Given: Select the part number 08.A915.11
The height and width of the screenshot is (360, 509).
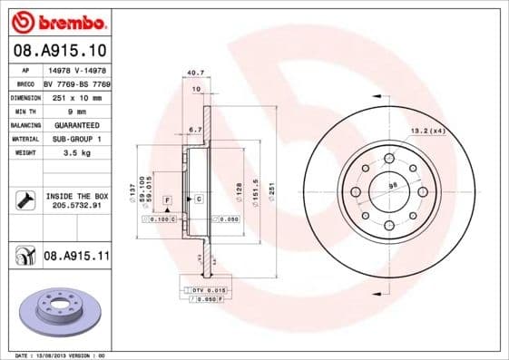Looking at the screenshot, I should tap(76, 257).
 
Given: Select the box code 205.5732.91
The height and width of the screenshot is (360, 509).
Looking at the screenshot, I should tap(76, 206).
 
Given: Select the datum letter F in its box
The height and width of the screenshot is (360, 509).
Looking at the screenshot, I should tap(168, 198).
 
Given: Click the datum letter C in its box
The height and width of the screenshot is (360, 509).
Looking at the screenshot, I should tap(198, 198).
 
